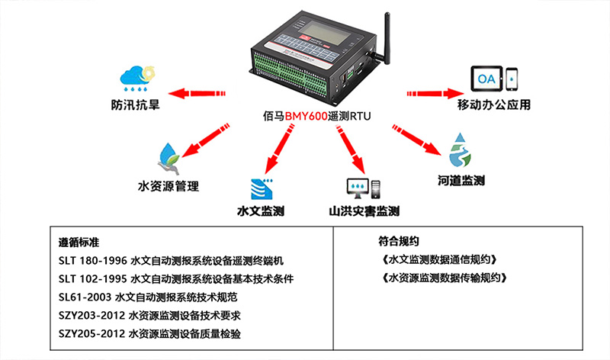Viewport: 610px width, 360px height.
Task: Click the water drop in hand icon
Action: click(170, 156)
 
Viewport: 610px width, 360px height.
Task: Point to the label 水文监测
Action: click(261, 211)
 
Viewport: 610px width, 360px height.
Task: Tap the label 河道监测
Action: click(461, 182)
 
